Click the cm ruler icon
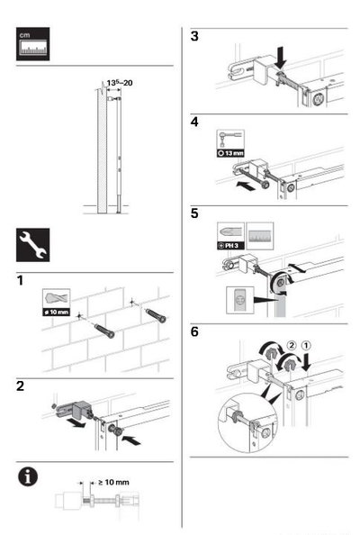click(32, 44)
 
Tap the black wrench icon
click(32, 245)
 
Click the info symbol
click(28, 476)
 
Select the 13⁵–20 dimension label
click(120, 83)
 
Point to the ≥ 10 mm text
click(114, 482)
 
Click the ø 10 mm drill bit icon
click(56, 303)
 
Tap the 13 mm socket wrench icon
click(230, 143)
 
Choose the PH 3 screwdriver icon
click(230, 236)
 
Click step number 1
click(20, 280)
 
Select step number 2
click(21, 386)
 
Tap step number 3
click(194, 36)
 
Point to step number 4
click(194, 122)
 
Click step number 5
click(194, 213)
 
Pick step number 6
click(194, 331)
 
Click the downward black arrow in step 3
click(282, 58)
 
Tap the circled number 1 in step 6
click(306, 346)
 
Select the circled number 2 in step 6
click(292, 346)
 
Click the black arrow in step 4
click(246, 186)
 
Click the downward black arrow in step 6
click(306, 362)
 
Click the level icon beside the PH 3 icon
click(260, 236)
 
